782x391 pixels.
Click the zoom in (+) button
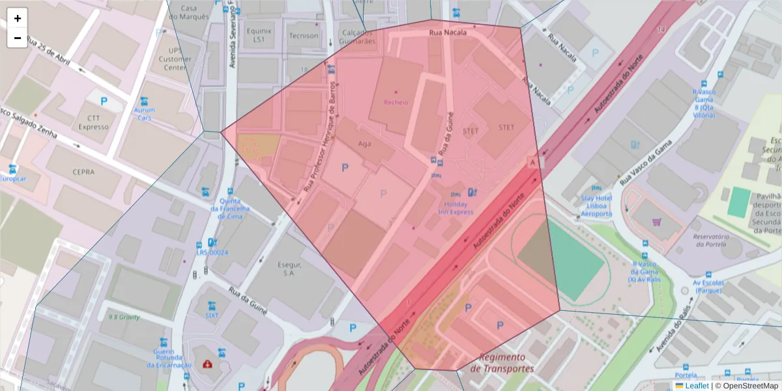point(18,18)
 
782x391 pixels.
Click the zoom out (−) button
point(18,38)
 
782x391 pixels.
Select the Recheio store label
point(396,102)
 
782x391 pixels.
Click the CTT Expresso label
point(93,123)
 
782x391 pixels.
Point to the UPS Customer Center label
point(175,59)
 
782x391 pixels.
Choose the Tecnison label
point(304,36)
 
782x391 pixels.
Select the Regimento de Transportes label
point(502,362)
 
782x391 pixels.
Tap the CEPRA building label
point(84,172)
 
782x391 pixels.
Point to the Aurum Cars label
point(145,114)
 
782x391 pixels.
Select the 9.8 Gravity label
point(124,317)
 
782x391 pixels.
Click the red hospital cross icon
point(207,364)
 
